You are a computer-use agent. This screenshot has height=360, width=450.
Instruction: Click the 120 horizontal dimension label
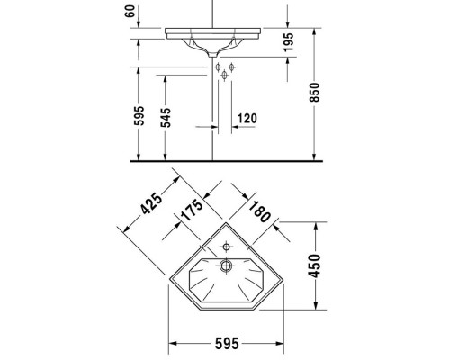coord(249,118)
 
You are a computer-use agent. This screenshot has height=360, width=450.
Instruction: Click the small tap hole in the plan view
coord(226,245)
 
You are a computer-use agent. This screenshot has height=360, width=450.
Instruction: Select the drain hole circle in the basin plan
coord(227,265)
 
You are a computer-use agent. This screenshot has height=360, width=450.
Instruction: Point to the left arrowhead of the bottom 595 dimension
coord(175,342)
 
